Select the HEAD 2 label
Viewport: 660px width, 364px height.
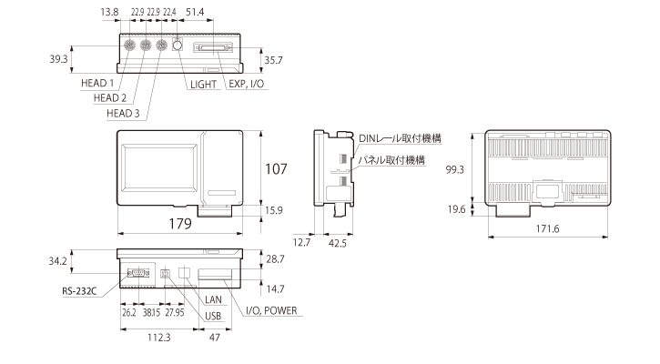tap(112, 98)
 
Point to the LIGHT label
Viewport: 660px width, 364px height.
tap(202, 84)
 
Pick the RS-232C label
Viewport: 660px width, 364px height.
tap(79, 293)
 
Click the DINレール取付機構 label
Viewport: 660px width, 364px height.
tap(400, 137)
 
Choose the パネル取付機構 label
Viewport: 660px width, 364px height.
tap(392, 159)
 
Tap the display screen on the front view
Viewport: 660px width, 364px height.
tap(160, 167)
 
